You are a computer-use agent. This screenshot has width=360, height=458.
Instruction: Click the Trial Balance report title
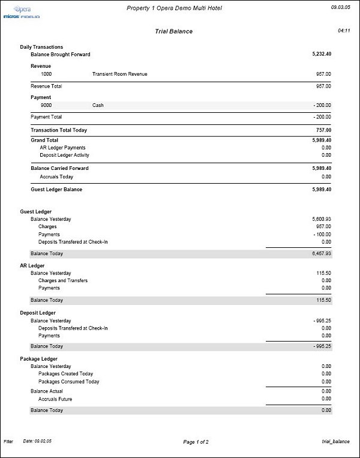[x=174, y=31]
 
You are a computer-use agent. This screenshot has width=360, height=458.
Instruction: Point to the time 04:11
[x=344, y=29]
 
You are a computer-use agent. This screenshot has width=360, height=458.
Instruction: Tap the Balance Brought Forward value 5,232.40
[x=322, y=55]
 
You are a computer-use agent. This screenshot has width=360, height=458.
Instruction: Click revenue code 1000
[x=46, y=74]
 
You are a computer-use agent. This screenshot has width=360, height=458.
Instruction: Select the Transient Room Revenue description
[x=120, y=74]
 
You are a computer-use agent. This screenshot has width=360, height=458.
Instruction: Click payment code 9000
[x=46, y=105]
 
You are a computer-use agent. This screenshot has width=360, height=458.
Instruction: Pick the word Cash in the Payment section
[x=98, y=105]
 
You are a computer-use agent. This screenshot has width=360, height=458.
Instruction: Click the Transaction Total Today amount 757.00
[x=323, y=130]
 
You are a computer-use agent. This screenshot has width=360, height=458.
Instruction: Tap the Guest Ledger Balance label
[x=56, y=190]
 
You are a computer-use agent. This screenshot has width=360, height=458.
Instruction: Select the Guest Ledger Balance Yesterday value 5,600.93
[x=322, y=220]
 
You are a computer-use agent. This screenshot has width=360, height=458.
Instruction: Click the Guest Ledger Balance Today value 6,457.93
[x=322, y=254]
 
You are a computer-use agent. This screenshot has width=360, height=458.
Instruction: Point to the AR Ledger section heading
[x=32, y=265]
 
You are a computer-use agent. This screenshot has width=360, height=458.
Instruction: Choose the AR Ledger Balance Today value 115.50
[x=324, y=300]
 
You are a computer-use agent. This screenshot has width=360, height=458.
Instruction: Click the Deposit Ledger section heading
[x=38, y=313]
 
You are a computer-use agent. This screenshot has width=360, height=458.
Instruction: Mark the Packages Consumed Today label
[x=69, y=382]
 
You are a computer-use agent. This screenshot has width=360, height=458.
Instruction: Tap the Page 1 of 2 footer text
[x=196, y=442]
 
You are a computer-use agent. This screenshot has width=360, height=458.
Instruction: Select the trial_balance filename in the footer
[x=335, y=441]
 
